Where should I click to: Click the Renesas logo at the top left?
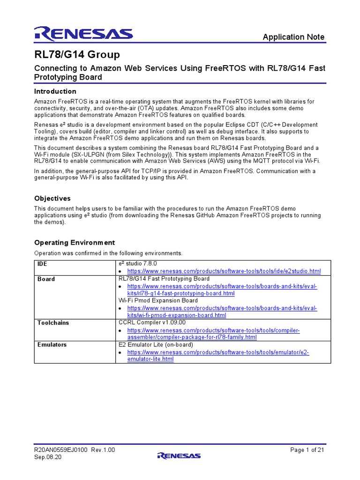click(x=83, y=33)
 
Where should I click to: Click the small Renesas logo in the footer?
click(x=179, y=455)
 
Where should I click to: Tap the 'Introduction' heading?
click(x=55, y=91)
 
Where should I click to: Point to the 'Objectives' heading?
click(x=52, y=198)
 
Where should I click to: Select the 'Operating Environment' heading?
click(x=75, y=242)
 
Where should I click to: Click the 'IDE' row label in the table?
click(x=42, y=264)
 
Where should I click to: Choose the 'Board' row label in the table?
click(x=46, y=279)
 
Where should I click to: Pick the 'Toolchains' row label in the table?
click(x=52, y=322)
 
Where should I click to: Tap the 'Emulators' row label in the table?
click(x=52, y=345)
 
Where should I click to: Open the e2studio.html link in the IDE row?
click(x=224, y=271)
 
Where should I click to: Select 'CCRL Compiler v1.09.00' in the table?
click(x=152, y=322)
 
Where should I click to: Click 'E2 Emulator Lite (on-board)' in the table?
click(x=156, y=345)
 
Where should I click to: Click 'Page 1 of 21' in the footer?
click(x=307, y=450)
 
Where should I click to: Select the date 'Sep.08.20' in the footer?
click(x=48, y=457)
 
